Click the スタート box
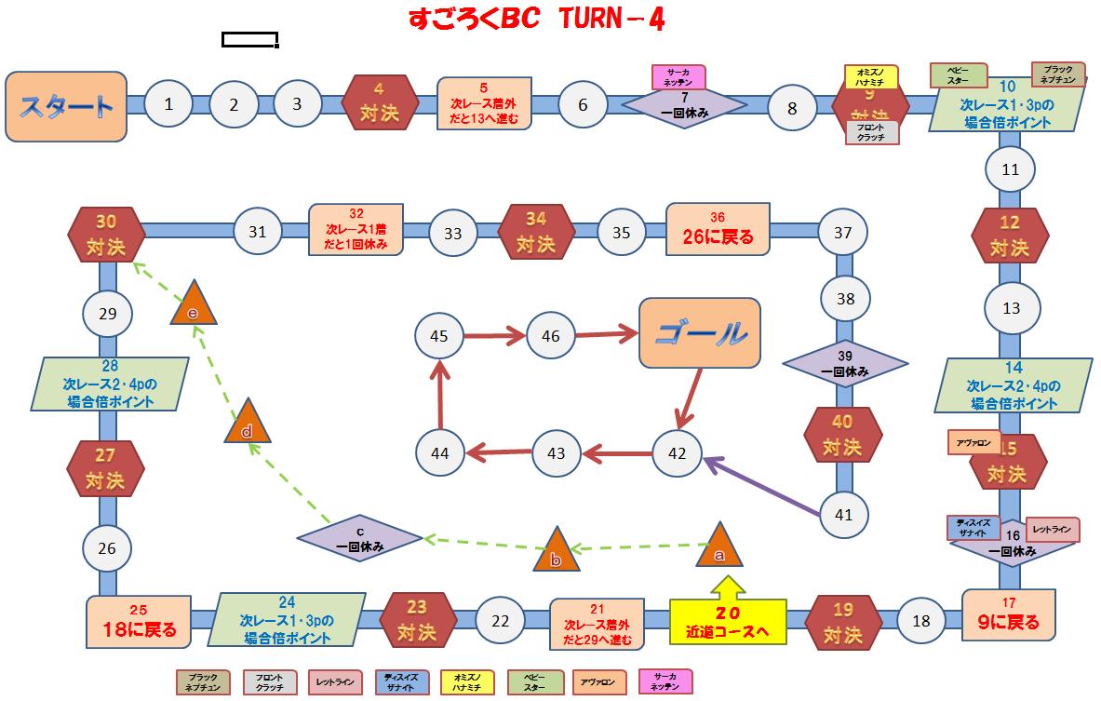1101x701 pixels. [66, 106]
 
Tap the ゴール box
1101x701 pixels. [699, 331]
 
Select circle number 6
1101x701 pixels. [583, 104]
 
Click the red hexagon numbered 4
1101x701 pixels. [379, 103]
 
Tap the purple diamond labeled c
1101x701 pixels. [359, 539]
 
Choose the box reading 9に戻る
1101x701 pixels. [1009, 614]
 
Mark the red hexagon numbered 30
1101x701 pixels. [107, 233]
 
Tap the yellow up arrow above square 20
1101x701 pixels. [728, 588]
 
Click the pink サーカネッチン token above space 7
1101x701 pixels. [678, 77]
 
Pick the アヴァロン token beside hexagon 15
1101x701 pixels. [973, 442]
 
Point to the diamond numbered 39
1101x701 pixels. [844, 362]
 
